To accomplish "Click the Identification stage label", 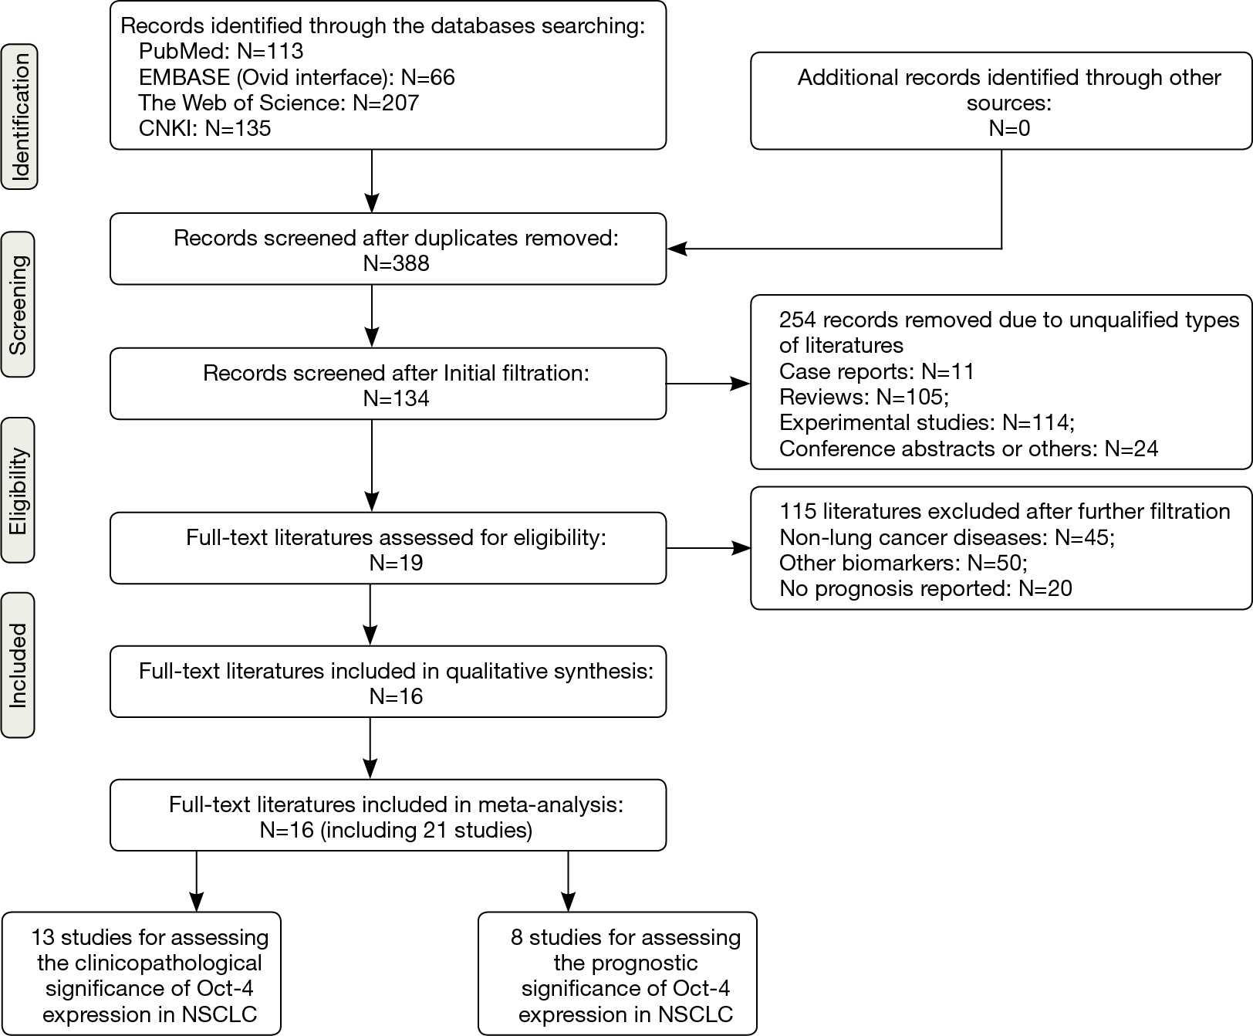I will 19,117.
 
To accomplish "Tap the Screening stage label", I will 19,304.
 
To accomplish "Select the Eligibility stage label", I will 19,490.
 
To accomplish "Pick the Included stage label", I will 19,665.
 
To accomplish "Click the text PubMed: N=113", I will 221,52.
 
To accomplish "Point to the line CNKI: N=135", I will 204,128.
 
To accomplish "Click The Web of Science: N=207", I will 279,103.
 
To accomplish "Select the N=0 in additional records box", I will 1008,128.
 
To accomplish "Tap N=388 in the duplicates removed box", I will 396,263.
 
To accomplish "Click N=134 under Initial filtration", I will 396,398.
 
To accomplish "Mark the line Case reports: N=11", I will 876,371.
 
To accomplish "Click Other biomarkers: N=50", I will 903,563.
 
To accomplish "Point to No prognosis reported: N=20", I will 925,588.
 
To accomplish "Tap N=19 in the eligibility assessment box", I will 396,563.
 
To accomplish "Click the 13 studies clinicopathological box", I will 141,974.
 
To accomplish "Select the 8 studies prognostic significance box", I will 617,974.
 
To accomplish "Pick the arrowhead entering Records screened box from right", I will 677,249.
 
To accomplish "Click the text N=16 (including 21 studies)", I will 396,831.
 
